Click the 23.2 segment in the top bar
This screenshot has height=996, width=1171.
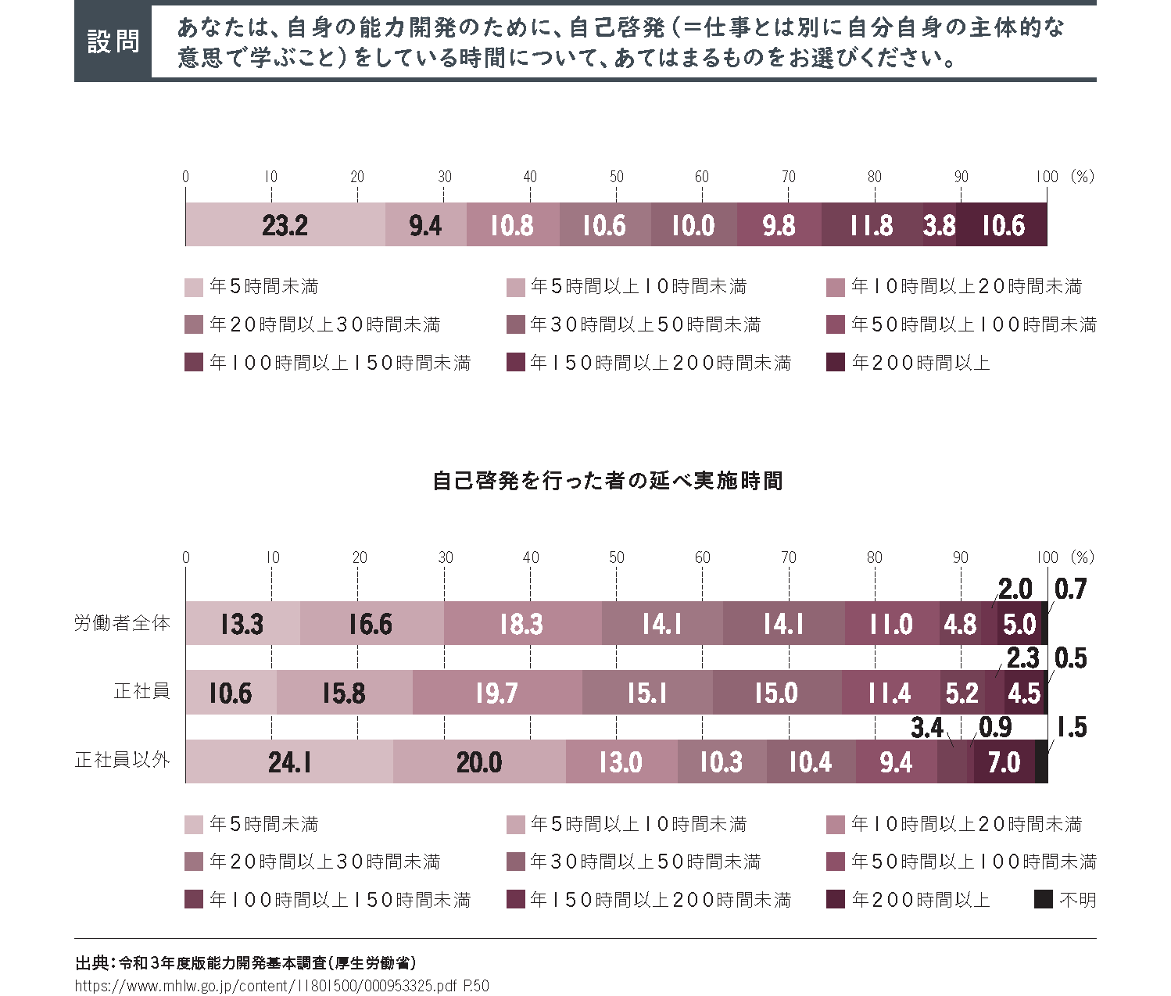(285, 225)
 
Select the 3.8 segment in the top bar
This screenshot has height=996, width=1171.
(939, 225)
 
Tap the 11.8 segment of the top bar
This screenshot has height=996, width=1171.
(872, 225)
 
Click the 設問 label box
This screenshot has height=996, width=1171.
(113, 41)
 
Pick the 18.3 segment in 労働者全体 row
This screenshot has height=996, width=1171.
(521, 624)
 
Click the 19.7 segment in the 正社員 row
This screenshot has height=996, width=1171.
(497, 693)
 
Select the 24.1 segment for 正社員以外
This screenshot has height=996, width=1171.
(289, 761)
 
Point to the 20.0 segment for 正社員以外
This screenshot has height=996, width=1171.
(479, 761)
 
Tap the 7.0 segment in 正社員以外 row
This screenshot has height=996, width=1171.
(1004, 761)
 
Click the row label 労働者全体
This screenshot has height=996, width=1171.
(122, 623)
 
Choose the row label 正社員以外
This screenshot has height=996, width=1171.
(122, 760)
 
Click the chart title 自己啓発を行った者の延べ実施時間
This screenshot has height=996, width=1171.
(607, 480)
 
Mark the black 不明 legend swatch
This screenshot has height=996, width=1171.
(1043, 900)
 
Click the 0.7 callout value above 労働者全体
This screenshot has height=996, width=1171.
(1070, 589)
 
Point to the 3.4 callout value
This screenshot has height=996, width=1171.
(927, 728)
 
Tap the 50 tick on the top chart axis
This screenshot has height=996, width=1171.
(616, 177)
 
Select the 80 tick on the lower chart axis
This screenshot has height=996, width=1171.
(874, 557)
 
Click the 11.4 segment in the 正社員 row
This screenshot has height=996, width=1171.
(890, 693)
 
